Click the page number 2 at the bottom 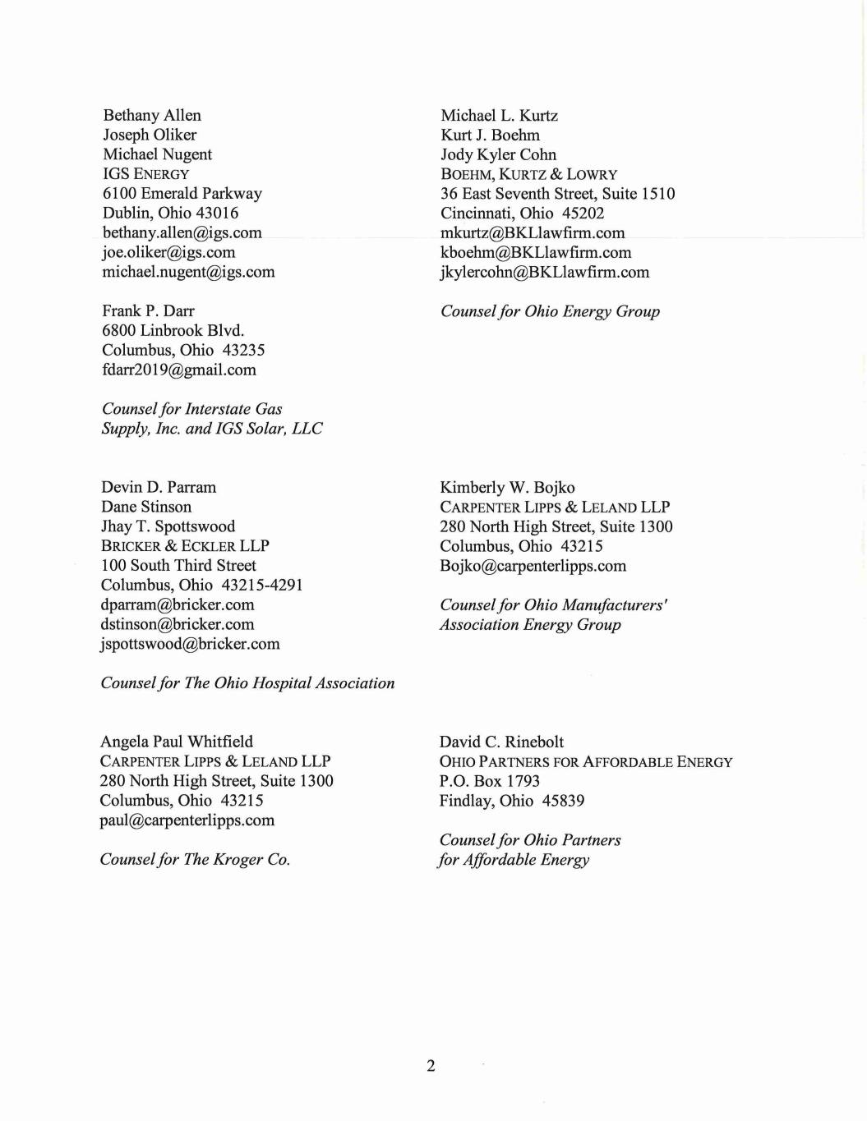pyautogui.click(x=431, y=1066)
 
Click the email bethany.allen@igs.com pyautogui.click(x=182, y=232)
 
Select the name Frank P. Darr pyautogui.click(x=148, y=310)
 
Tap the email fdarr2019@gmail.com pyautogui.click(x=178, y=370)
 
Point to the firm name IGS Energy pyautogui.click(x=145, y=174)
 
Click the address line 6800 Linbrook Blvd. pyautogui.click(x=173, y=330)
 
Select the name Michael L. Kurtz pyautogui.click(x=499, y=116)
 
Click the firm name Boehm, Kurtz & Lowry pyautogui.click(x=528, y=174)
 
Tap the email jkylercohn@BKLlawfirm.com pyautogui.click(x=544, y=272)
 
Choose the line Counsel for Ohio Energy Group pyautogui.click(x=550, y=311)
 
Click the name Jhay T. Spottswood pyautogui.click(x=168, y=526)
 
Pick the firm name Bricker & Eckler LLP pyautogui.click(x=185, y=546)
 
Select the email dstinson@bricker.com pyautogui.click(x=177, y=624)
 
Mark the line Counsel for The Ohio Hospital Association pyautogui.click(x=247, y=683)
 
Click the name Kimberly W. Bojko pyautogui.click(x=507, y=487)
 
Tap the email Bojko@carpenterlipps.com pyautogui.click(x=533, y=566)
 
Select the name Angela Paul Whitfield pyautogui.click(x=176, y=742)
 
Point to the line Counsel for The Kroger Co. pyautogui.click(x=195, y=860)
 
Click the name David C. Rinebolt pyautogui.click(x=501, y=742)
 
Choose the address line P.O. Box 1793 pyautogui.click(x=489, y=781)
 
